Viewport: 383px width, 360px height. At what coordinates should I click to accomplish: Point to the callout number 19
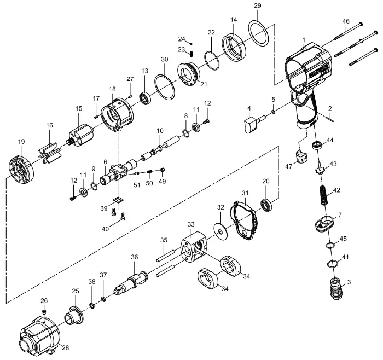21,142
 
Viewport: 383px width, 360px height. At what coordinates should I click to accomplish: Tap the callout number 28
65,347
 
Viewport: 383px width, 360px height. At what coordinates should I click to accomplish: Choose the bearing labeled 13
146,98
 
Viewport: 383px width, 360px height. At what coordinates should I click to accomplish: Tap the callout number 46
345,21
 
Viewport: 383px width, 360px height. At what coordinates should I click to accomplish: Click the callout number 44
330,141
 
